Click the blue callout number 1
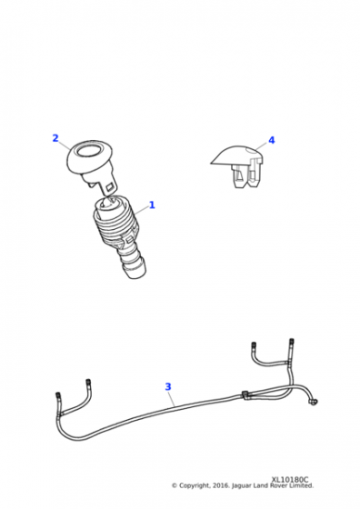pyautogui.click(x=152, y=205)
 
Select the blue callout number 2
pyautogui.click(x=55, y=139)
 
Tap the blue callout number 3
pyautogui.click(x=167, y=386)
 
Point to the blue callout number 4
pyautogui.click(x=271, y=141)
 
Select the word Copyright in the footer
pyautogui.click(x=199, y=485)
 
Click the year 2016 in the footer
pyautogui.click(x=227, y=485)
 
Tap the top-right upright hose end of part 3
pyautogui.click(x=291, y=343)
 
